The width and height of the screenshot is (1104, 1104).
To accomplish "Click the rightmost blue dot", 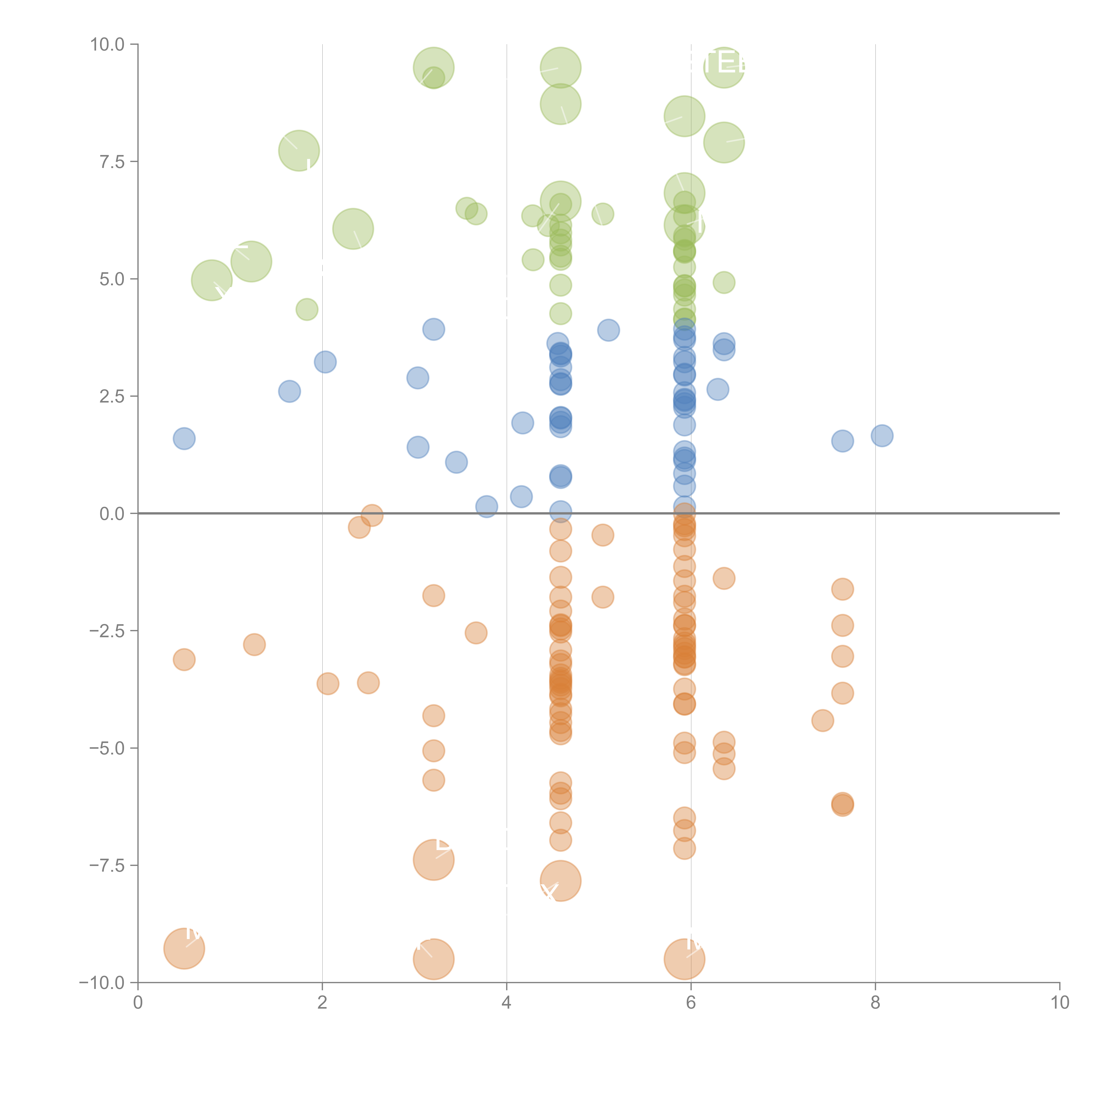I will [882, 435].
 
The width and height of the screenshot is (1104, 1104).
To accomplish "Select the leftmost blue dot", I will [184, 438].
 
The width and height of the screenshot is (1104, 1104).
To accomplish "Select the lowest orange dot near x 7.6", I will [842, 805].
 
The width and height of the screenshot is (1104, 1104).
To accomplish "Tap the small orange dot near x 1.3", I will [254, 645].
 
